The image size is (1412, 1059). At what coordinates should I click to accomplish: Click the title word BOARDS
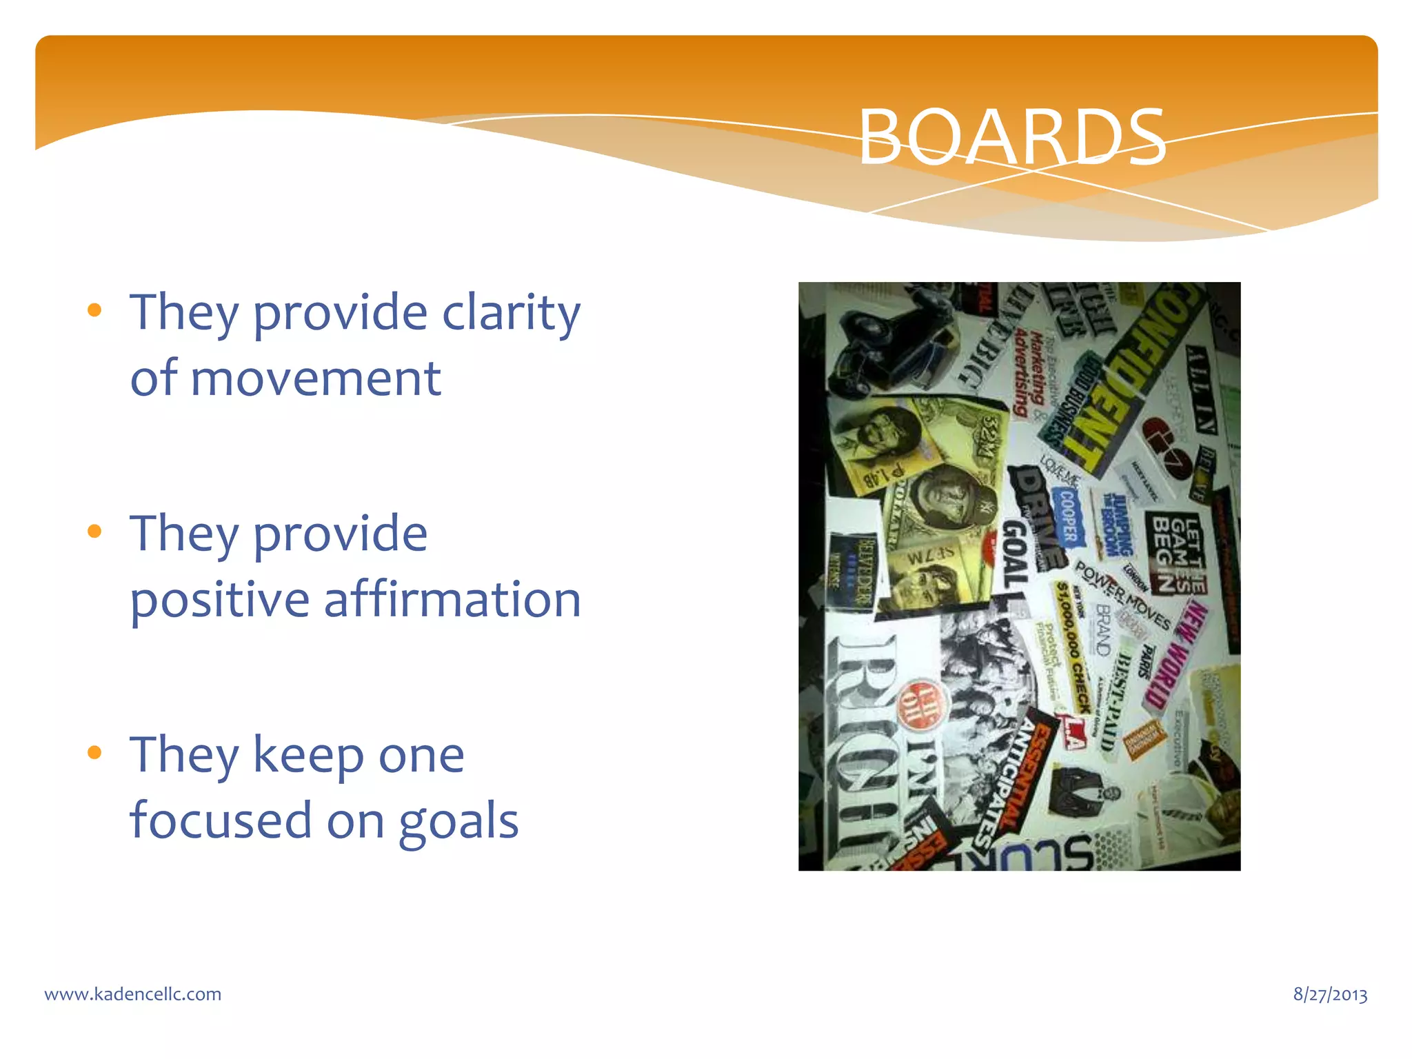(x=1011, y=137)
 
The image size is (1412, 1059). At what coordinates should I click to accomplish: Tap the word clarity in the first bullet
(x=511, y=312)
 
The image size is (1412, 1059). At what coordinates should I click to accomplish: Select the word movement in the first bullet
(x=316, y=379)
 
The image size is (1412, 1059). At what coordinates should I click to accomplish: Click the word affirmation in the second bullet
(x=452, y=599)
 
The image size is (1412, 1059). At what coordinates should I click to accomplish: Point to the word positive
(x=220, y=599)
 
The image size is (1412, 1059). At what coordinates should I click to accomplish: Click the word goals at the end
(x=458, y=820)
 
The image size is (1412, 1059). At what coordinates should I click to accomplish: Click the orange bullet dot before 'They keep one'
(x=95, y=752)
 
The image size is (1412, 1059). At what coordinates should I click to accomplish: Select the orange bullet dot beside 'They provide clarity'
(x=95, y=310)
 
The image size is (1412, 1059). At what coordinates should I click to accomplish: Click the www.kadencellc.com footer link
(x=133, y=994)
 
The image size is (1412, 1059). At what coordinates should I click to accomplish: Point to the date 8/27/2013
(x=1330, y=994)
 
